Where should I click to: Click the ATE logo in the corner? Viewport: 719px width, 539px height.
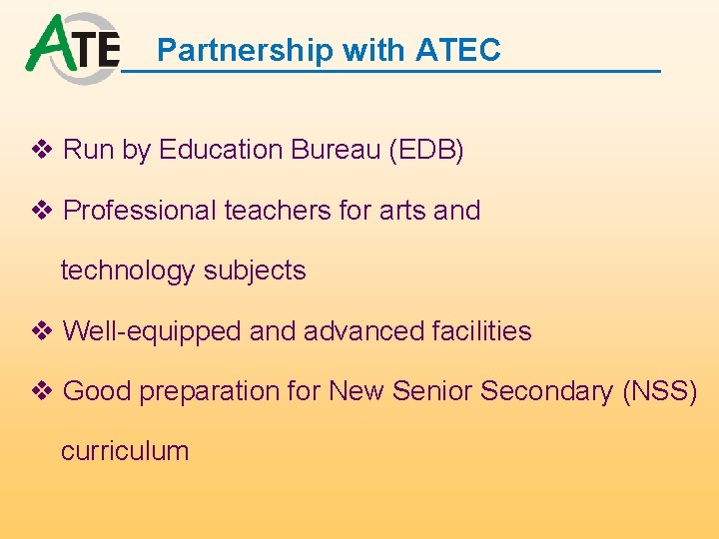72,47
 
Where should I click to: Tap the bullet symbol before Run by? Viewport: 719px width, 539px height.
43,151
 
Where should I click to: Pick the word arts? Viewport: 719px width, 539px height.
400,211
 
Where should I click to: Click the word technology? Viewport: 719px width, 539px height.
128,270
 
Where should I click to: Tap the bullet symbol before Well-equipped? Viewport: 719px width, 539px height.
43,331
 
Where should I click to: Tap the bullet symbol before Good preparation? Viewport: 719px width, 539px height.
43,391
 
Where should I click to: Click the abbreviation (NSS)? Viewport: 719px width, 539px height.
659,391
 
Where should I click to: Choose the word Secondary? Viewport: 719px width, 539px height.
546,391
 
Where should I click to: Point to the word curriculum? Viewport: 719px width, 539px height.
125,451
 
